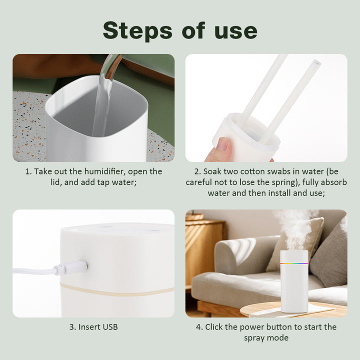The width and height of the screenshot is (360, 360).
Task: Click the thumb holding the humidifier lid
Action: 222,147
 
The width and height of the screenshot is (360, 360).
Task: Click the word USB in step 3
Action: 110,327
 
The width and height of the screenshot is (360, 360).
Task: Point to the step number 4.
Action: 199,327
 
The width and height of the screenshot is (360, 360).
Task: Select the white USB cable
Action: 32,271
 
